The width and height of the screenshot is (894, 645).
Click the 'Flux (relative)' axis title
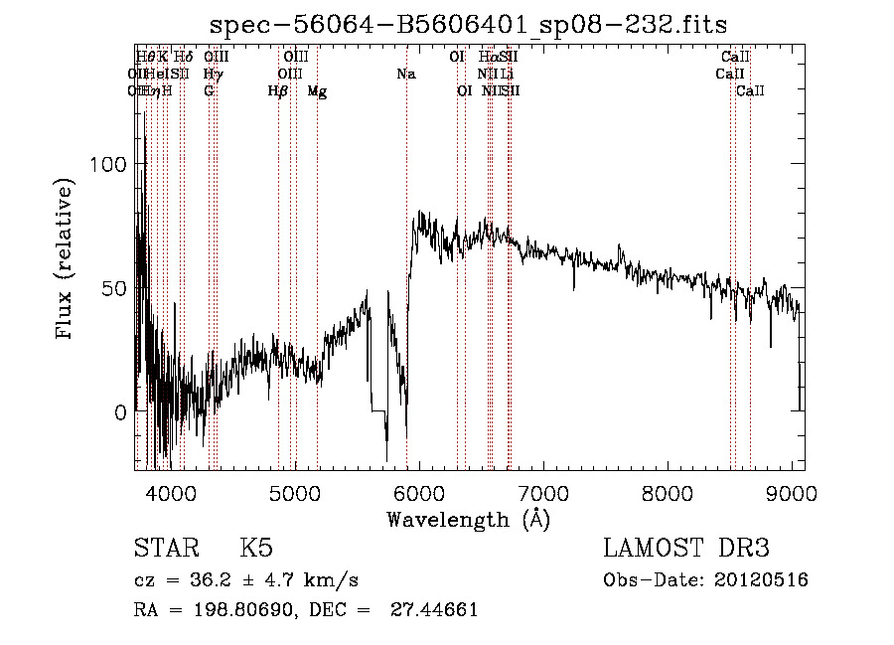pos(66,260)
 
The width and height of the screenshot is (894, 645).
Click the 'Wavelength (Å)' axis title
pos(468,519)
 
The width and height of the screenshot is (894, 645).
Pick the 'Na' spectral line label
pos(405,74)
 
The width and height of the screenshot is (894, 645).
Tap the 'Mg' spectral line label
pos(317,90)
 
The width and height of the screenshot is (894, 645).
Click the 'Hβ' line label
pos(278,90)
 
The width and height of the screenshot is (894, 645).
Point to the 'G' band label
pos(209,90)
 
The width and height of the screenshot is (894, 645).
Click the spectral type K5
pos(256,549)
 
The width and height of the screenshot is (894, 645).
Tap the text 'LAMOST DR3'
pos(685,549)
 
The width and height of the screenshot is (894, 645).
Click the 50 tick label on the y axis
pos(116,288)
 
